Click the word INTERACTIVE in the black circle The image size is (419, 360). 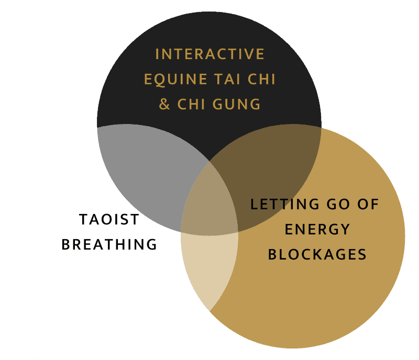210,54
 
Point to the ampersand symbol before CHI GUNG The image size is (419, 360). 164,104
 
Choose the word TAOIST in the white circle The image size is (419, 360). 109,219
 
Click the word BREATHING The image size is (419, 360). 109,244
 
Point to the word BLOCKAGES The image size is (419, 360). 317,255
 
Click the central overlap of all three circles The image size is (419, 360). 210,201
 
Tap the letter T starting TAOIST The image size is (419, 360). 83,219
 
